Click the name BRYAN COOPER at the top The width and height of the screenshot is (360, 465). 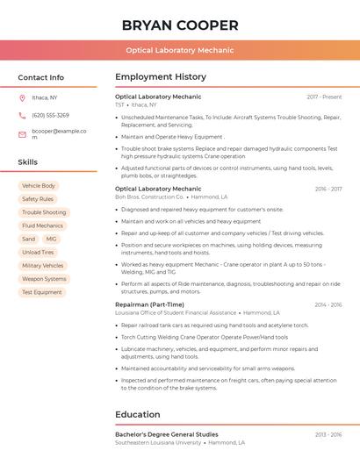180,25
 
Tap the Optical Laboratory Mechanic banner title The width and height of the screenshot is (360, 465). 180,50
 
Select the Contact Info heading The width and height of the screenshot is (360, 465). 41,77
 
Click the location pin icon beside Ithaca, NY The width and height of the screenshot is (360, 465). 22,97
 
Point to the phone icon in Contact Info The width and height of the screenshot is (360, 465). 22,115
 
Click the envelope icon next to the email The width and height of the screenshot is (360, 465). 22,134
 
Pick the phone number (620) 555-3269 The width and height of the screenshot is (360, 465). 50,115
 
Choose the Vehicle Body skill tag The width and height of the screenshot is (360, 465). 39,186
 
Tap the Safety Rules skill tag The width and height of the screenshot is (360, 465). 38,199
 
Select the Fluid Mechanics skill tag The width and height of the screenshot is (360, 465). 42,225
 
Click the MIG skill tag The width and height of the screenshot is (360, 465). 52,239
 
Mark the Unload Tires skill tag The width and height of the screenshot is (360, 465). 38,252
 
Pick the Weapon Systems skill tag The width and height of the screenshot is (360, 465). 44,279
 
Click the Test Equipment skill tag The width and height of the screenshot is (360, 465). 42,292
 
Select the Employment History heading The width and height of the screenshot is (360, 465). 161,77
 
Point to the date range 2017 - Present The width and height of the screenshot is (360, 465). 324,97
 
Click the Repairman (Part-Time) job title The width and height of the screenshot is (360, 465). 149,304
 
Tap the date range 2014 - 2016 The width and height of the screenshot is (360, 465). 328,304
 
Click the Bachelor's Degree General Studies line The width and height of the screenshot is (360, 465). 167,434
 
